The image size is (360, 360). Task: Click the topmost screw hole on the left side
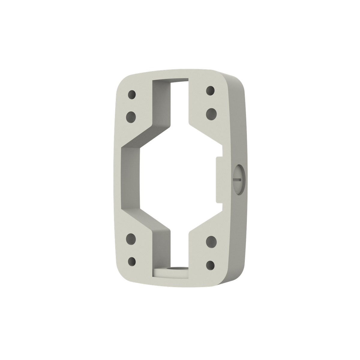(x=132, y=95)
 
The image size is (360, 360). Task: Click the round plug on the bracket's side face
(x=239, y=180)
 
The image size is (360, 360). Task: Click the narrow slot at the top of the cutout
(x=179, y=96)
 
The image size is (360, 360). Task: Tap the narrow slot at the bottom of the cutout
(x=179, y=252)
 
